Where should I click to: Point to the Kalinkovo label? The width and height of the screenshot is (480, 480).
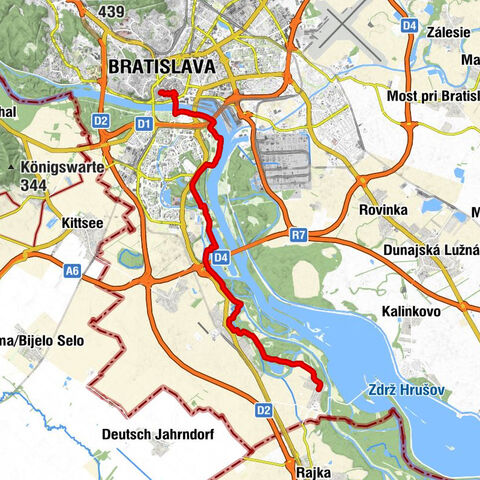(411, 312)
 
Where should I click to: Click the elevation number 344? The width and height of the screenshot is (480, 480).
(35, 184)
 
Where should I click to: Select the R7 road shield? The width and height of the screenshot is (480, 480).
(298, 235)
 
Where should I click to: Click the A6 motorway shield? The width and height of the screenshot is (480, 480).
(71, 269)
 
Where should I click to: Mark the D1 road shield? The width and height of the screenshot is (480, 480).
(142, 123)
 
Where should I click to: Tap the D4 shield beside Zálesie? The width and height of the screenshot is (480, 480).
(409, 23)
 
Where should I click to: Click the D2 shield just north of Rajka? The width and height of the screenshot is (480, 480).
(263, 409)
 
